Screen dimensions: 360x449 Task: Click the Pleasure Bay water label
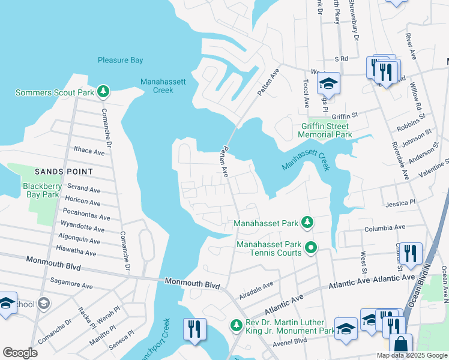tap(120, 60)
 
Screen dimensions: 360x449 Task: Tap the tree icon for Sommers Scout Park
tap(104, 91)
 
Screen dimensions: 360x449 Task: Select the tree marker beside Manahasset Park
tap(307, 223)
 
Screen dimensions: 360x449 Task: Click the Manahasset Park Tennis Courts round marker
tap(311, 247)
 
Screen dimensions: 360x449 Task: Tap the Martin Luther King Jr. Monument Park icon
tap(237, 325)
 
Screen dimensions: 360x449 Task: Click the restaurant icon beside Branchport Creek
tap(194, 329)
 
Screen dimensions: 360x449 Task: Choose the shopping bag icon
tap(400, 345)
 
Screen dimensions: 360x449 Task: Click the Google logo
tap(20, 353)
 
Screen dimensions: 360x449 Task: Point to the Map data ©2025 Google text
tap(412, 355)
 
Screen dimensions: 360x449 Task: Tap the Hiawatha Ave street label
tap(76, 252)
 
